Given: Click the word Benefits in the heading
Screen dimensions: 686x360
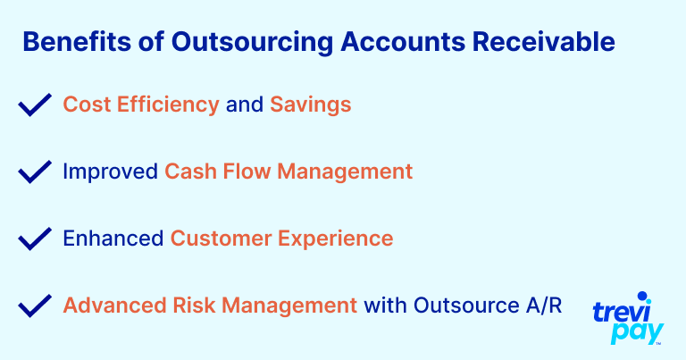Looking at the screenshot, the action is click(77, 42).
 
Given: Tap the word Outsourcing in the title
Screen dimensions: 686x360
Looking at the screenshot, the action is click(252, 43).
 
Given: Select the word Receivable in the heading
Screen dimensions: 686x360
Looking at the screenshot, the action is click(543, 42).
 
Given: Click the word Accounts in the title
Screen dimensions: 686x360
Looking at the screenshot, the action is click(403, 42).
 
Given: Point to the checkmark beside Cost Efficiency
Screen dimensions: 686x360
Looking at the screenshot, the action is click(35, 105).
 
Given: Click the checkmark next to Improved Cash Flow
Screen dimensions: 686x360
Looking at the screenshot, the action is click(35, 172).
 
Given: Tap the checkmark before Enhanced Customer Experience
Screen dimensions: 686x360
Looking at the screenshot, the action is click(35, 239).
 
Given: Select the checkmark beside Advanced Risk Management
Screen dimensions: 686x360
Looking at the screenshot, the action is click(35, 306).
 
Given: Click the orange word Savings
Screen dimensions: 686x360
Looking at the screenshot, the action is click(310, 105).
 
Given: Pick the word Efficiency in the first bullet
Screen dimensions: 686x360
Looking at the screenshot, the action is click(168, 105).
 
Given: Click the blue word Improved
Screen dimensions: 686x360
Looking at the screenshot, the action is click(110, 172).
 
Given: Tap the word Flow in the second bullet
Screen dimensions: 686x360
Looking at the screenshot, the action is click(247, 171).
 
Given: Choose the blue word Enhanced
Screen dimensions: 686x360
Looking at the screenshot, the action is click(113, 239).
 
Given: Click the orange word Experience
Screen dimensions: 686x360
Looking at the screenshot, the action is click(336, 239).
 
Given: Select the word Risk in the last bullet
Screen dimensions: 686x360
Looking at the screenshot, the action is click(194, 306).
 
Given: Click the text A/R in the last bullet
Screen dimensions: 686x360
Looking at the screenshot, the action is click(544, 306).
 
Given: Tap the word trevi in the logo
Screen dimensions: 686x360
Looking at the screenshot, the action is click(622, 313).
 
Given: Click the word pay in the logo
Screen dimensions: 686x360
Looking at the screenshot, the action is click(638, 332).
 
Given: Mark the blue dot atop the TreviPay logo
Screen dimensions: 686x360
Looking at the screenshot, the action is click(642, 297).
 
